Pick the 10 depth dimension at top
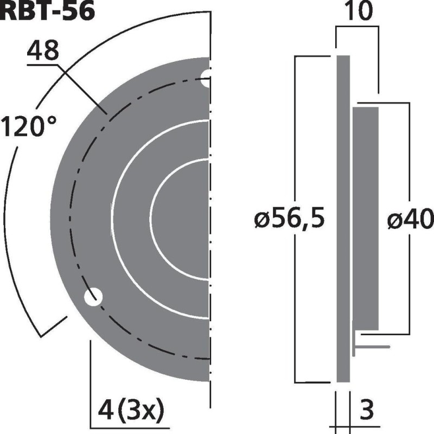click(356, 12)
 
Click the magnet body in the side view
click(366, 217)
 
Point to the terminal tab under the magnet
click(372, 346)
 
